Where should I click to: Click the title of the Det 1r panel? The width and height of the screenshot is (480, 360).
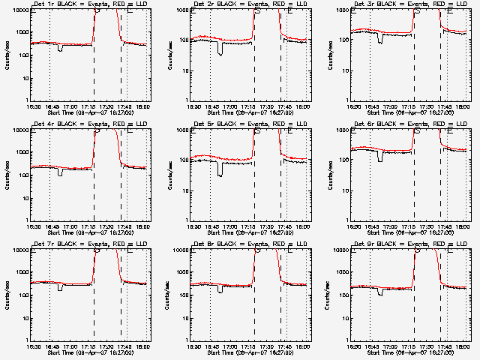point(90,5)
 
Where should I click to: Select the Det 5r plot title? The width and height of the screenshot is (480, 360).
point(250,125)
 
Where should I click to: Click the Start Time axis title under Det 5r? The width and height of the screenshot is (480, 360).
point(248,233)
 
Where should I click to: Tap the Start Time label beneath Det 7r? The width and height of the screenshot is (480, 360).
point(88,353)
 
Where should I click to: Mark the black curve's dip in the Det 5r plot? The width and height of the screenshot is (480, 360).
point(220,172)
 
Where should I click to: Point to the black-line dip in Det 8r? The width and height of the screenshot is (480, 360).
point(220,290)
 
